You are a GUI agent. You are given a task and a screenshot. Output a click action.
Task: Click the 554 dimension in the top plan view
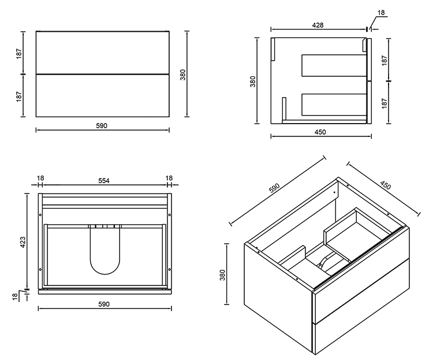pos(104,180)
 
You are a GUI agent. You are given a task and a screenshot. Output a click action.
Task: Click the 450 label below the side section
pos(320,132)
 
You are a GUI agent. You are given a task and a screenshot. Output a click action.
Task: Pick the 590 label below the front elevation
pos(102,125)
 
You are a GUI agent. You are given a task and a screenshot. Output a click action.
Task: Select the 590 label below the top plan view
pos(104,304)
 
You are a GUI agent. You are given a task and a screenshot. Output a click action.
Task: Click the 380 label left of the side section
pos(253,81)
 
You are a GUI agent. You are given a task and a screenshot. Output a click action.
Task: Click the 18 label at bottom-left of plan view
pos(15,295)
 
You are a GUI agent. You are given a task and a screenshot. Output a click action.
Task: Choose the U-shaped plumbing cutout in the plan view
pos(105,251)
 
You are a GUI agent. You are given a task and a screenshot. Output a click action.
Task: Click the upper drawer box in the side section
pos(333,65)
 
